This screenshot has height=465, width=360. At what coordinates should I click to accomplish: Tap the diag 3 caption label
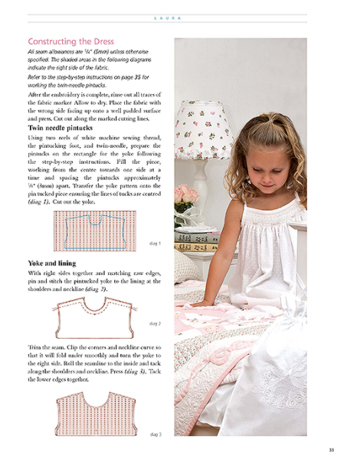(155, 434)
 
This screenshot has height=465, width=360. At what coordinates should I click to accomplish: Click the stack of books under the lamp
(195, 241)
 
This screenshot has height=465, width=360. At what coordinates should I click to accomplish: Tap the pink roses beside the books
(184, 201)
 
